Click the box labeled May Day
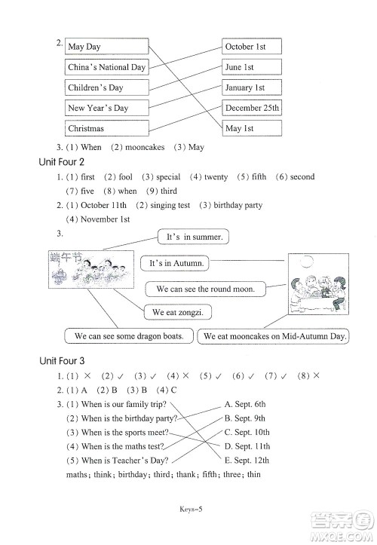click(106, 47)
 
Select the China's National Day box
click(106, 67)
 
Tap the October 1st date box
click(251, 47)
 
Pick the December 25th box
click(251, 108)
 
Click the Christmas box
click(106, 128)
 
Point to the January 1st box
click(251, 87)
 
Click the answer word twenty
click(216, 177)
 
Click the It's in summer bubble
click(194, 237)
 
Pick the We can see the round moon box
click(205, 289)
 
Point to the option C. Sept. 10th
click(247, 432)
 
